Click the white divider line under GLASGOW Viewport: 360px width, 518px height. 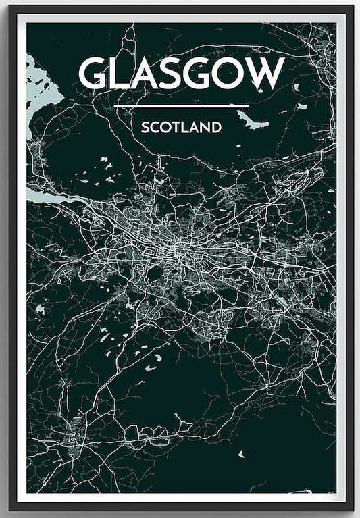click(x=182, y=106)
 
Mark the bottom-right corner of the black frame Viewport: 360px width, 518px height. click(x=351, y=507)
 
